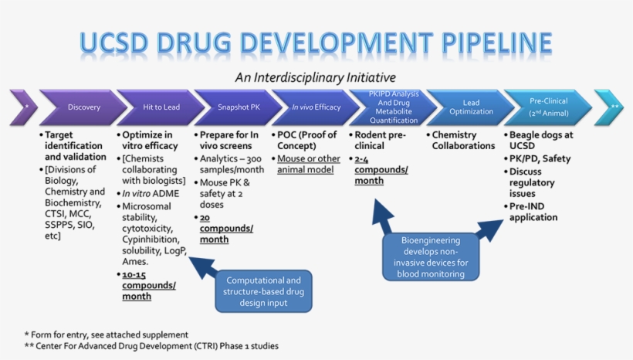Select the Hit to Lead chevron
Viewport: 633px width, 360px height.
click(x=161, y=107)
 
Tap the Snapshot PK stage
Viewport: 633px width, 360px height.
click(x=238, y=107)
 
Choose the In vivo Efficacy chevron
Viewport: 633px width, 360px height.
click(x=316, y=107)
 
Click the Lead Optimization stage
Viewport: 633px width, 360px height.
click(x=471, y=107)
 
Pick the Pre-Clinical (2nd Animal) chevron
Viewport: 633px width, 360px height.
click(x=548, y=107)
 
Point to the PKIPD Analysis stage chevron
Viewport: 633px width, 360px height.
click(x=394, y=107)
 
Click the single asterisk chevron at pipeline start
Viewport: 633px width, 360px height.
click(x=24, y=107)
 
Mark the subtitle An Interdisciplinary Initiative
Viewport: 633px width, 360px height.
click(x=315, y=77)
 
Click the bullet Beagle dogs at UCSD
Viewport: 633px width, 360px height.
click(x=543, y=140)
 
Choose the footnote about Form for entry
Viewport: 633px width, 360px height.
click(x=107, y=335)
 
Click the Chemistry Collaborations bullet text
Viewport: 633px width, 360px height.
click(x=463, y=140)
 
